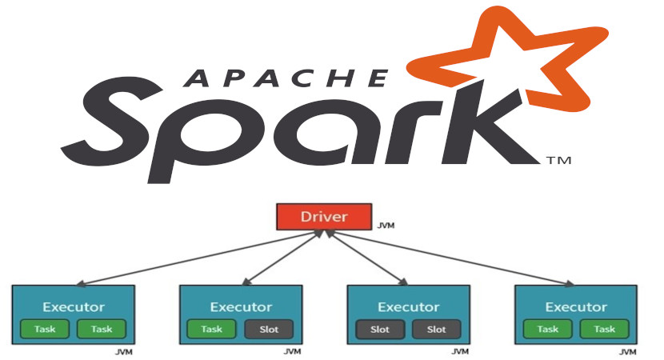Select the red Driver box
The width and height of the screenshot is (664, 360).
pyautogui.click(x=325, y=216)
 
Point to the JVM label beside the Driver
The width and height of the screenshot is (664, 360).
pyautogui.click(x=386, y=226)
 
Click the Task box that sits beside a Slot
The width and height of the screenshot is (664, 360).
pyautogui.click(x=211, y=329)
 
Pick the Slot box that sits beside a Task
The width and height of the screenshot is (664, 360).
pyautogui.click(x=268, y=329)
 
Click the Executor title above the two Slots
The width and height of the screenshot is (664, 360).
pyautogui.click(x=408, y=306)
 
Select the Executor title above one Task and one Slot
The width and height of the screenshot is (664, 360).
pyautogui.click(x=240, y=306)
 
